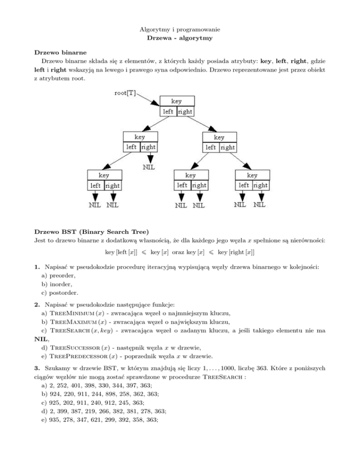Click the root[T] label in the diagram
125,93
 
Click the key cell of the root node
177,101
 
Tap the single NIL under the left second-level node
150,166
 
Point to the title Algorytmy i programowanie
180,30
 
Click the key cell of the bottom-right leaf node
252,175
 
